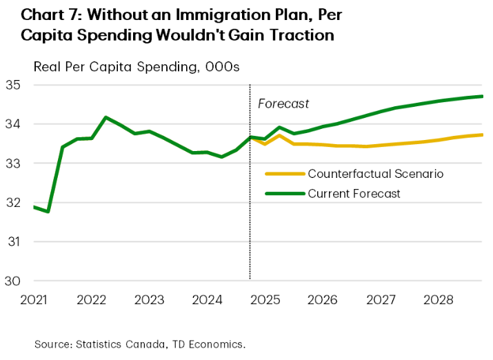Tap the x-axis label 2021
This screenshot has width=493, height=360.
click(33, 301)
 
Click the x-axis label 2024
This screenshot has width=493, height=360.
click(207, 301)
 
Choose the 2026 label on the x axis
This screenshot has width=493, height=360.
click(322, 301)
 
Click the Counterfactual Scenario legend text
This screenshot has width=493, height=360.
click(375, 173)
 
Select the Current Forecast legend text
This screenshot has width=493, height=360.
click(354, 194)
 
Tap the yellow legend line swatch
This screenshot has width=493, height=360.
click(284, 173)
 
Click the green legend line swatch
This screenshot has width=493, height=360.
click(284, 194)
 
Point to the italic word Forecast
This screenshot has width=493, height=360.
click(283, 104)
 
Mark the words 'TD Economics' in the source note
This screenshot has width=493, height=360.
click(210, 343)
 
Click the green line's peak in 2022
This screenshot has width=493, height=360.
click(105, 117)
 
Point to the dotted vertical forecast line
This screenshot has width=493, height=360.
click(250, 207)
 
